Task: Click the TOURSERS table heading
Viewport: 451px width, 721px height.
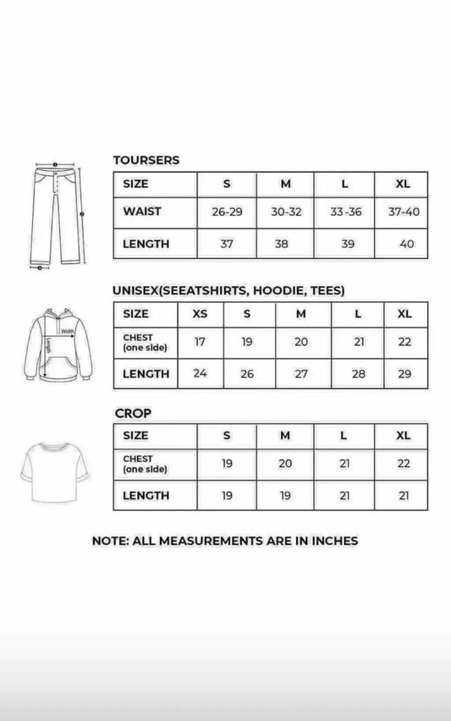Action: [x=146, y=160]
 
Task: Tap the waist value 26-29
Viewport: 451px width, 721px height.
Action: [x=227, y=212]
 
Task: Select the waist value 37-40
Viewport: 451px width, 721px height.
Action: [x=404, y=212]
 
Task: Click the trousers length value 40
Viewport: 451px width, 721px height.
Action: [x=406, y=244]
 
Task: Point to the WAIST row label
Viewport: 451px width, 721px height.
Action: [x=142, y=212]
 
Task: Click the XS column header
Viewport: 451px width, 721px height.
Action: [x=200, y=314]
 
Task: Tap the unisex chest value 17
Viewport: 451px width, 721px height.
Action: [x=200, y=343]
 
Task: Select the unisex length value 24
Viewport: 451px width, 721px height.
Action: [x=200, y=373]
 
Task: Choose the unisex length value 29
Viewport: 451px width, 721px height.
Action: [x=404, y=373]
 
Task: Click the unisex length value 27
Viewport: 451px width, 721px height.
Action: [x=302, y=373]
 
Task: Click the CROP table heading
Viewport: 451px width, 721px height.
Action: [x=134, y=413]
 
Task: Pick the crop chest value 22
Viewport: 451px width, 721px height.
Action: [x=404, y=464]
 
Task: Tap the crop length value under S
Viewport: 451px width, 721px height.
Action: [x=227, y=496]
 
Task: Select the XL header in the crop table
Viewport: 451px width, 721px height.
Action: [x=404, y=435]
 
